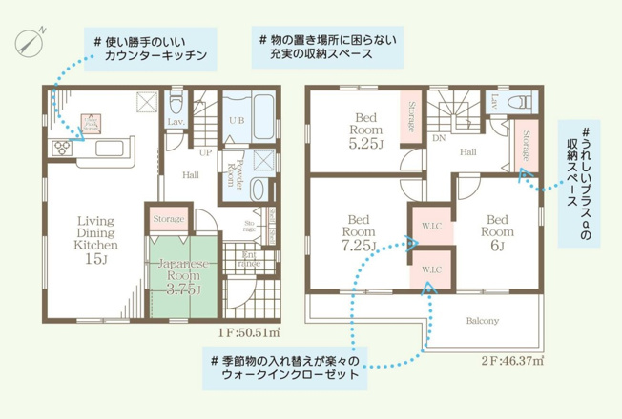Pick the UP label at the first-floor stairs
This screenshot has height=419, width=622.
tap(204, 151)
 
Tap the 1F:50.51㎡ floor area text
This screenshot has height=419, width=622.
tap(247, 332)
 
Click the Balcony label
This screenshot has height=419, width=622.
tap(482, 321)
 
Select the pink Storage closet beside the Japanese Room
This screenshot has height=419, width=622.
tap(167, 219)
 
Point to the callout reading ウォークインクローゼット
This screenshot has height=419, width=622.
tap(286, 368)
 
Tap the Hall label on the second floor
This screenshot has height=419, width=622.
tap(467, 151)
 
